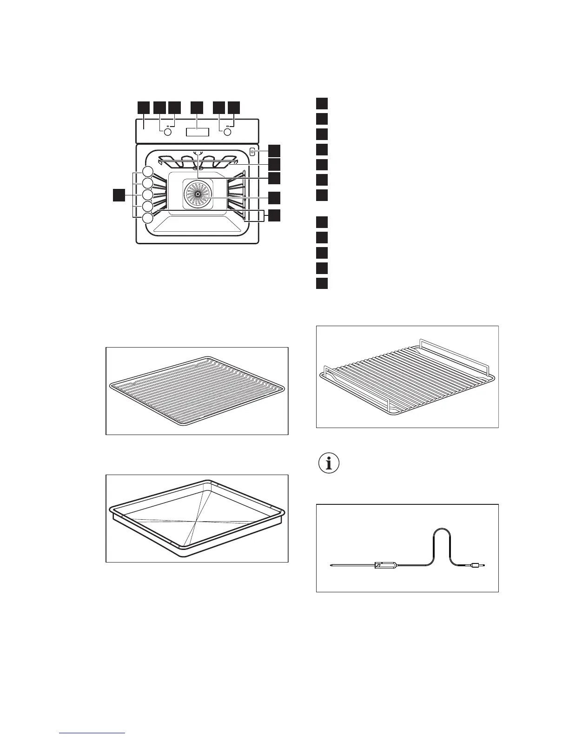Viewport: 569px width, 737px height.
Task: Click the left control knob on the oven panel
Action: [167, 133]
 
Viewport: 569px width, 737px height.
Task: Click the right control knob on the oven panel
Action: [228, 133]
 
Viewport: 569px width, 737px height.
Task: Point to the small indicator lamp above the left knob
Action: [167, 126]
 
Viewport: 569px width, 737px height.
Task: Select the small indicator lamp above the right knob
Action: [228, 126]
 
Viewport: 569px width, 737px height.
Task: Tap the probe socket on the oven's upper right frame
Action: [252, 152]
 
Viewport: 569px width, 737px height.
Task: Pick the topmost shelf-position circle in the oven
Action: [148, 171]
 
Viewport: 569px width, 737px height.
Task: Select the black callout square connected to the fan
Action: [275, 198]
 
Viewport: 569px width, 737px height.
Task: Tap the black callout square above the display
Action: [198, 107]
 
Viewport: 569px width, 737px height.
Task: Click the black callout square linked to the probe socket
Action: [275, 150]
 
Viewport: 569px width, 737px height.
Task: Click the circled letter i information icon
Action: [329, 464]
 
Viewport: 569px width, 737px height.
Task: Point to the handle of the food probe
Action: [385, 566]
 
